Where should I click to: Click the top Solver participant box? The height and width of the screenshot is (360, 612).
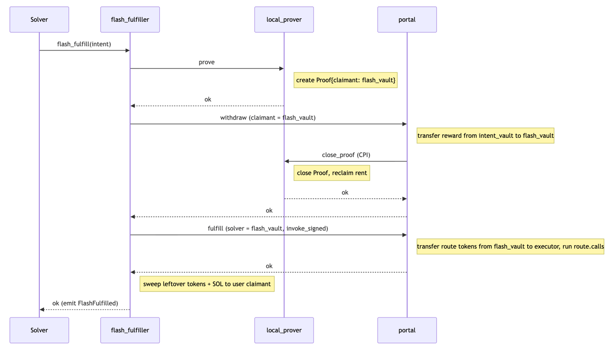pos(39,20)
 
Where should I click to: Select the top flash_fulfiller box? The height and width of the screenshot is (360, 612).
pos(130,20)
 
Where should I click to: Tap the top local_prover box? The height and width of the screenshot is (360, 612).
pos(284,20)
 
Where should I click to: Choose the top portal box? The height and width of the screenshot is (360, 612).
pos(407,20)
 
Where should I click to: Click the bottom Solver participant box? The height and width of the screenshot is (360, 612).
pos(39,330)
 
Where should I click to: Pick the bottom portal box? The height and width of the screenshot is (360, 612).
pos(407,330)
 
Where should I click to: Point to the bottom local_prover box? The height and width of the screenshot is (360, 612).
pos(284,330)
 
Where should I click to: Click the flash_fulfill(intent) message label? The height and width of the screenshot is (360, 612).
pos(84,44)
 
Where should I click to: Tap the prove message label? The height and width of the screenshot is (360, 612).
pos(207,62)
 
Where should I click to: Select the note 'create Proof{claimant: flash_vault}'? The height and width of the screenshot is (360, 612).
pos(346,80)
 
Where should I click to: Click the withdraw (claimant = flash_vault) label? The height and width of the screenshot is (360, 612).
pos(268,118)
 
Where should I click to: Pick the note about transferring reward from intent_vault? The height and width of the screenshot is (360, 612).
pos(485,135)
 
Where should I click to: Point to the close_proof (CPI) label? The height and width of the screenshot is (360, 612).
pos(346,155)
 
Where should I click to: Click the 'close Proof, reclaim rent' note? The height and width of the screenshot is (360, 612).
pos(332,173)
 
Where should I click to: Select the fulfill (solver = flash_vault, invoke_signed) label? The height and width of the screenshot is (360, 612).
pos(268,229)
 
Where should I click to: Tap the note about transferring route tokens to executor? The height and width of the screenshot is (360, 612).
pos(510,247)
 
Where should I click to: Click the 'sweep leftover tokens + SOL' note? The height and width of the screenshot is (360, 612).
pos(207,284)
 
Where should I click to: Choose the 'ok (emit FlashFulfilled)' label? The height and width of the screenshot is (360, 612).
pos(85,303)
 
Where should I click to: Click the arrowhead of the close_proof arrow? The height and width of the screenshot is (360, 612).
pos(287,161)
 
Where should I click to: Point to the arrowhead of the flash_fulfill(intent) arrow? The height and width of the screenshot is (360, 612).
pos(127,50)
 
